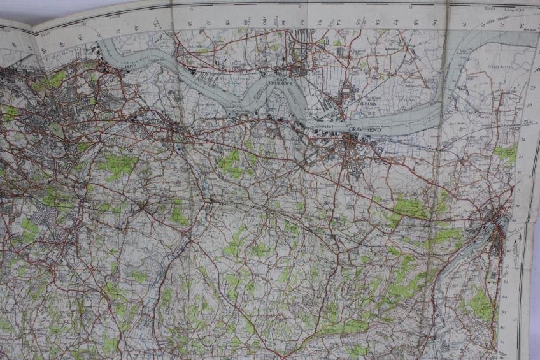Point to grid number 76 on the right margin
click(530, 104)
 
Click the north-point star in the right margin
click(521, 238)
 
